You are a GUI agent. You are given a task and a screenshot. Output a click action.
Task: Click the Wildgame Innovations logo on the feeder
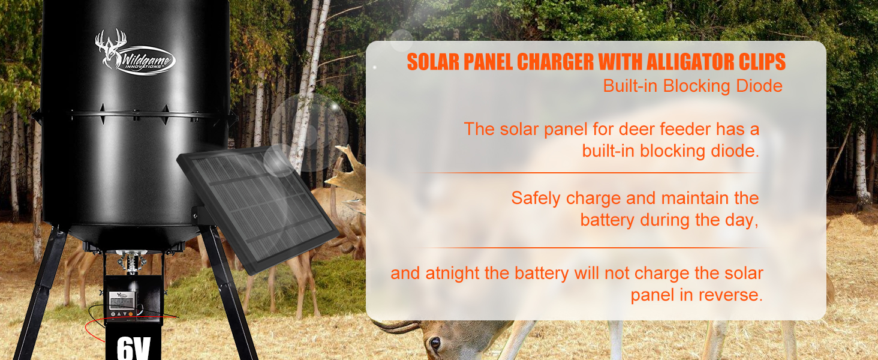[x=134, y=54]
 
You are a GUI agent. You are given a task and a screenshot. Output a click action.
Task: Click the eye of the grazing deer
[x=435, y=343]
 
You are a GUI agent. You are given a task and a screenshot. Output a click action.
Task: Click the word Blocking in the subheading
[x=696, y=86]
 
